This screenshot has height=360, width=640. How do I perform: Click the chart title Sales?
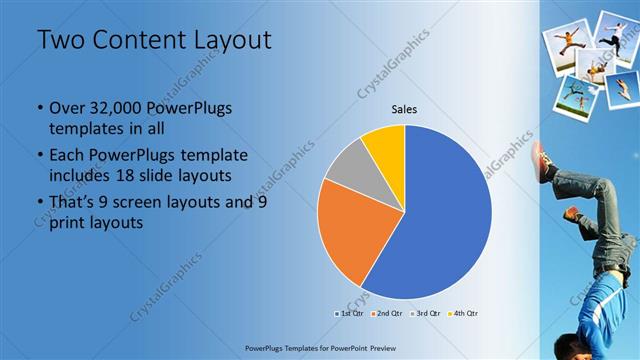tap(404, 110)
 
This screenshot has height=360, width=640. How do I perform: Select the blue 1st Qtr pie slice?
tap(440, 220)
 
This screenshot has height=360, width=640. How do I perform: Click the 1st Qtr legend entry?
tap(350, 313)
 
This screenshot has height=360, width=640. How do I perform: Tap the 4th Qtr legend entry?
tap(462, 313)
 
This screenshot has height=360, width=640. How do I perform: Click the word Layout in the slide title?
tap(232, 41)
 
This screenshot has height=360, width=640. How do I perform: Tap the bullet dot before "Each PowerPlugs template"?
tap(39, 156)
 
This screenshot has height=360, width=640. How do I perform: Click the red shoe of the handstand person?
tap(543, 159)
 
